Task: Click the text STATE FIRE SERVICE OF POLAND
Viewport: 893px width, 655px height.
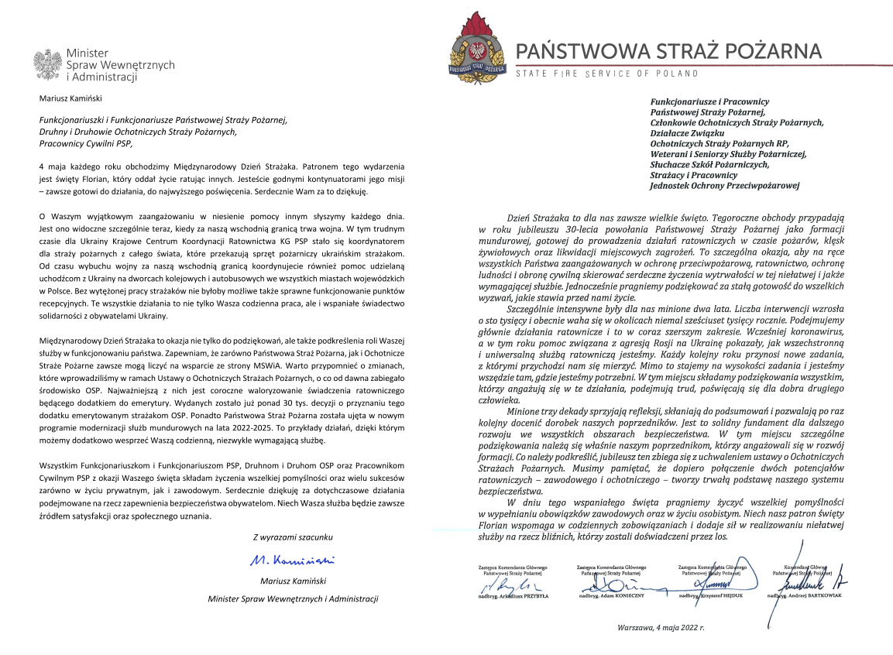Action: [607, 74]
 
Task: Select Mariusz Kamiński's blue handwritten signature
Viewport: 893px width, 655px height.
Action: [292, 558]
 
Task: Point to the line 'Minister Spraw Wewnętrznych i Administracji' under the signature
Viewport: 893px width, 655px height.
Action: [292, 598]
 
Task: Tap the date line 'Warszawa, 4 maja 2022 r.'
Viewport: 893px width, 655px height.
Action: [661, 627]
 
